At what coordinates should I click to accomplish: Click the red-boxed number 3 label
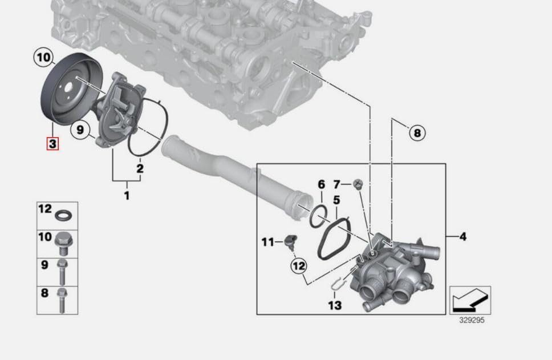52,143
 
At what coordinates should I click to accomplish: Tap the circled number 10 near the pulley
44,58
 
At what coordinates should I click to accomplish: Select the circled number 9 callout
80,130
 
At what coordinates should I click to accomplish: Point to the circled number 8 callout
417,133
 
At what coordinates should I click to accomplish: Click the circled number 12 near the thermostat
299,266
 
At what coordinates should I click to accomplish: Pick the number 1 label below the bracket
127,195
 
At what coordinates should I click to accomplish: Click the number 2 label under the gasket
140,168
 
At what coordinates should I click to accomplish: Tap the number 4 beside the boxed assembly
463,236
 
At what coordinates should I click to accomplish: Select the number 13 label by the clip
335,305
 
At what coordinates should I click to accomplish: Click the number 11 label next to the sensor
267,242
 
